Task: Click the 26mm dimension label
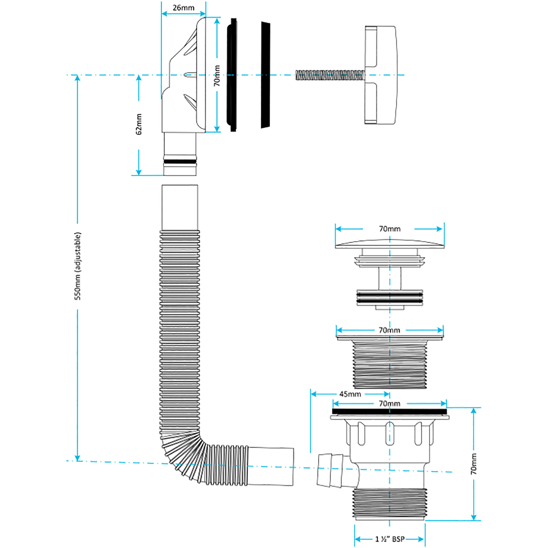183,8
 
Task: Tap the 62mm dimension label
139,124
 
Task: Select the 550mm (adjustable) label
78,266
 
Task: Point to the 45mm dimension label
350,394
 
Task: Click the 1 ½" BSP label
390,539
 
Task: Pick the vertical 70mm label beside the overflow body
217,76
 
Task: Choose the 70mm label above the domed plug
389,229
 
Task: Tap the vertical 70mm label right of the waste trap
473,464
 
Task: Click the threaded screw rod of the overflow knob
330,75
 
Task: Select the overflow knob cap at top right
381,75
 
